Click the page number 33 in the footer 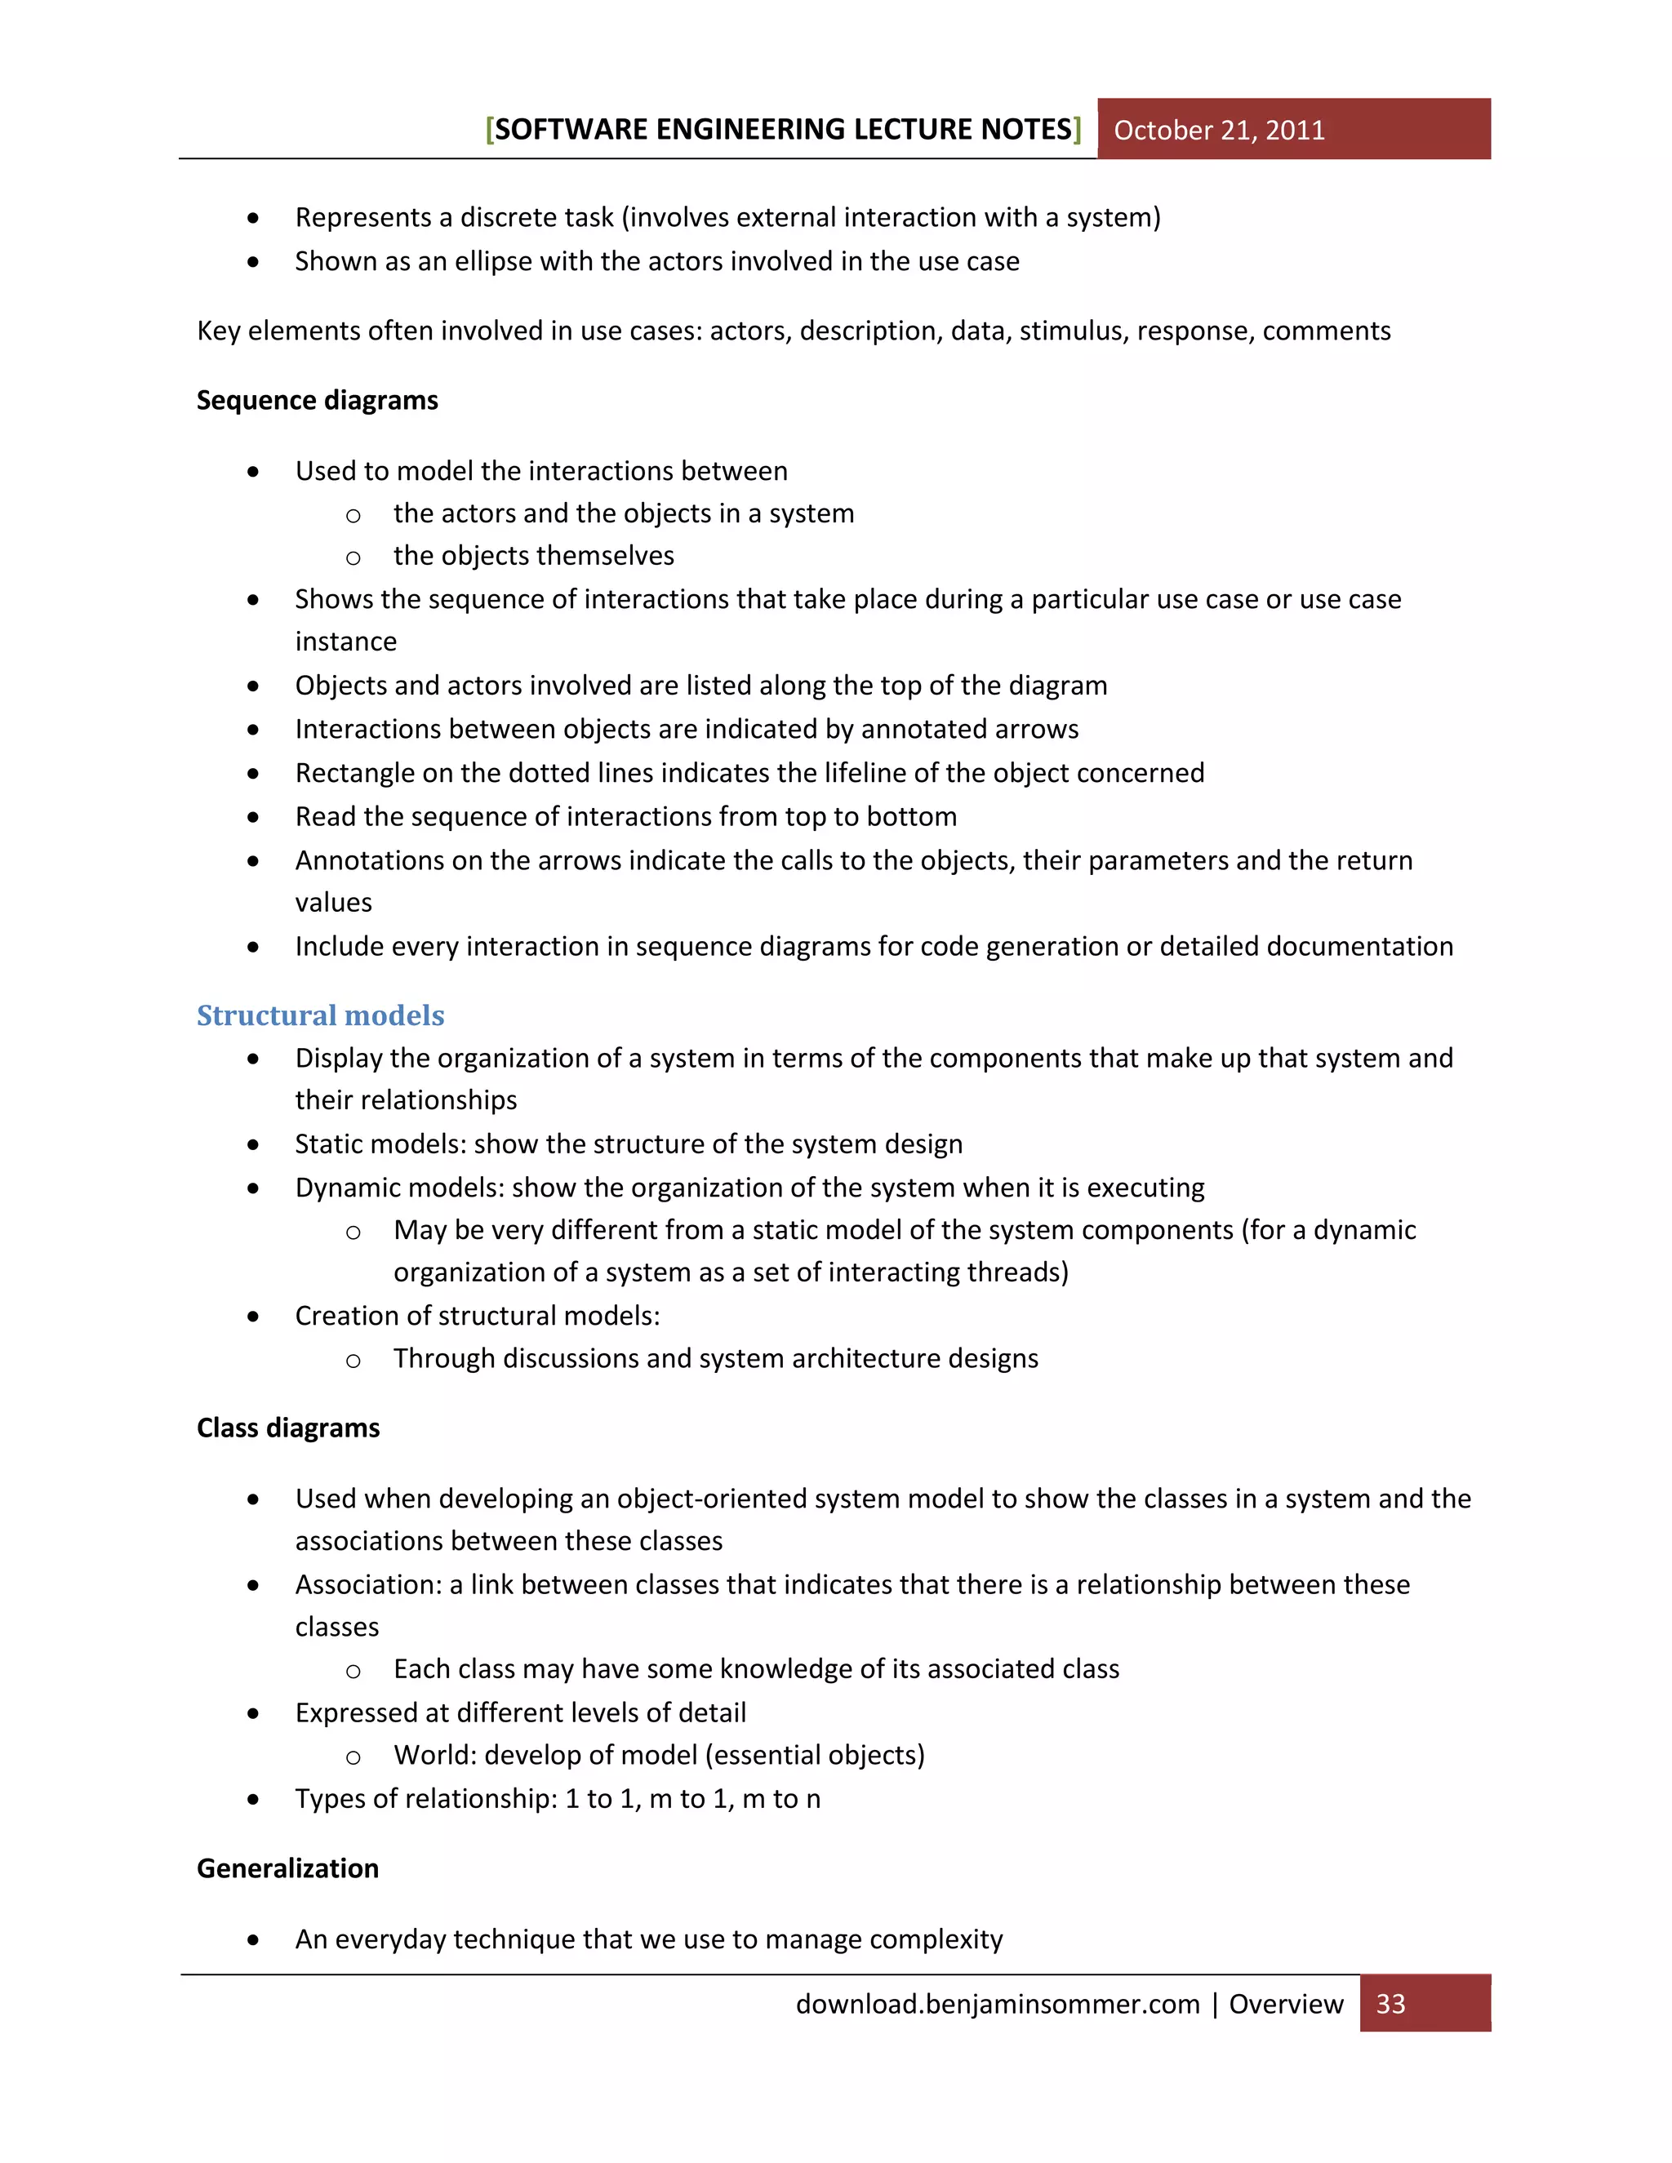[x=1390, y=2004]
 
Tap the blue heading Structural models [x=320, y=1015]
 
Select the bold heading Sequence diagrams [x=317, y=400]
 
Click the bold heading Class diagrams [x=288, y=1428]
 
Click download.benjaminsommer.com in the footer [x=998, y=2004]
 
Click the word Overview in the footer [x=1286, y=2004]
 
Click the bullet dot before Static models [x=254, y=1145]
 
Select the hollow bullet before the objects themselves [x=353, y=558]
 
